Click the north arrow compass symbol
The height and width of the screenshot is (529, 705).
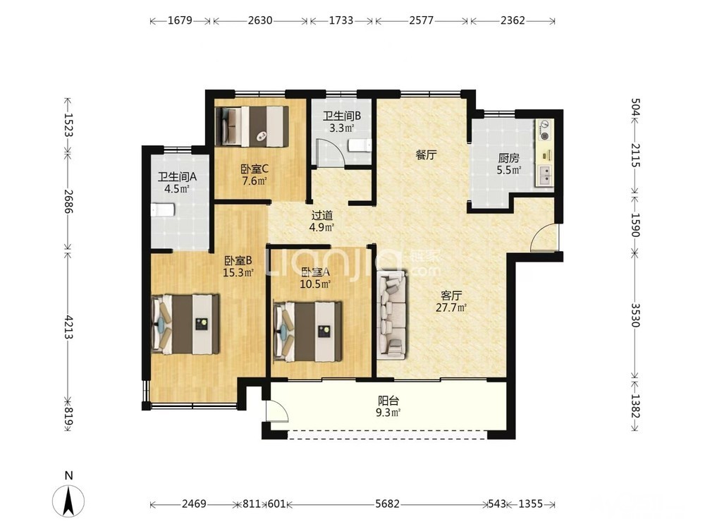[68, 500]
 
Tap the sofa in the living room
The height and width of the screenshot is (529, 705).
[392, 315]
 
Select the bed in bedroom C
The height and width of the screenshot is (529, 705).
[252, 126]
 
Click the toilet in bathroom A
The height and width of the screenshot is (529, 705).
[162, 210]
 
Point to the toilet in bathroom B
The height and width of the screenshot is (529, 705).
[360, 145]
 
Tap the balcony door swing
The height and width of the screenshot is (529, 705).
[276, 411]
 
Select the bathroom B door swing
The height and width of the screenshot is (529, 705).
[330, 153]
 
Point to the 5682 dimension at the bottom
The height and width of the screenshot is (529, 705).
[387, 504]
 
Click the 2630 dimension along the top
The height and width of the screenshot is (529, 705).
[260, 20]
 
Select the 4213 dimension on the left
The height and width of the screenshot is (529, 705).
[68, 327]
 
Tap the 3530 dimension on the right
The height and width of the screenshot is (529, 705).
[635, 315]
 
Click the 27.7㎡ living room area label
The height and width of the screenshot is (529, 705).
[451, 308]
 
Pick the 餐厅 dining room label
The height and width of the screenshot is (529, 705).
[426, 155]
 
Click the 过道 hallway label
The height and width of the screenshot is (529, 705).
[322, 215]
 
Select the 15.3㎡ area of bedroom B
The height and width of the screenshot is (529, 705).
[238, 272]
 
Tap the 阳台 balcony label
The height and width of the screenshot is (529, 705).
[388, 401]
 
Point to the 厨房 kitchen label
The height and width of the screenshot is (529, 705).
[508, 158]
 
